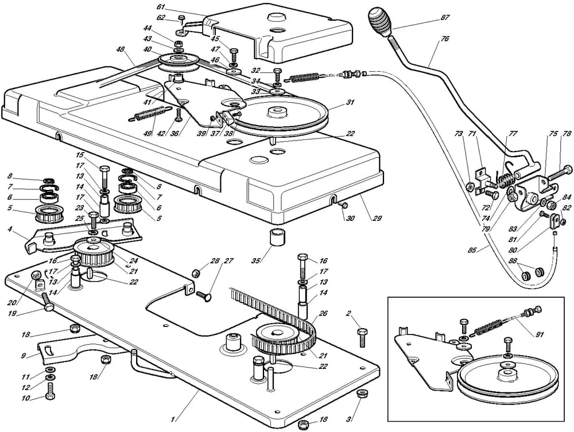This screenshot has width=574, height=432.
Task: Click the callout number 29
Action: pos(377,219)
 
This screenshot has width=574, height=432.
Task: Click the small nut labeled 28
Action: pos(197,273)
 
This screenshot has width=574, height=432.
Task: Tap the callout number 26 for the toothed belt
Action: pos(323,313)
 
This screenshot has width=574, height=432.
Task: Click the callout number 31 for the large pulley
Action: pos(350,103)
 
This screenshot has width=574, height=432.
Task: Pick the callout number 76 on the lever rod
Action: pos(445,38)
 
